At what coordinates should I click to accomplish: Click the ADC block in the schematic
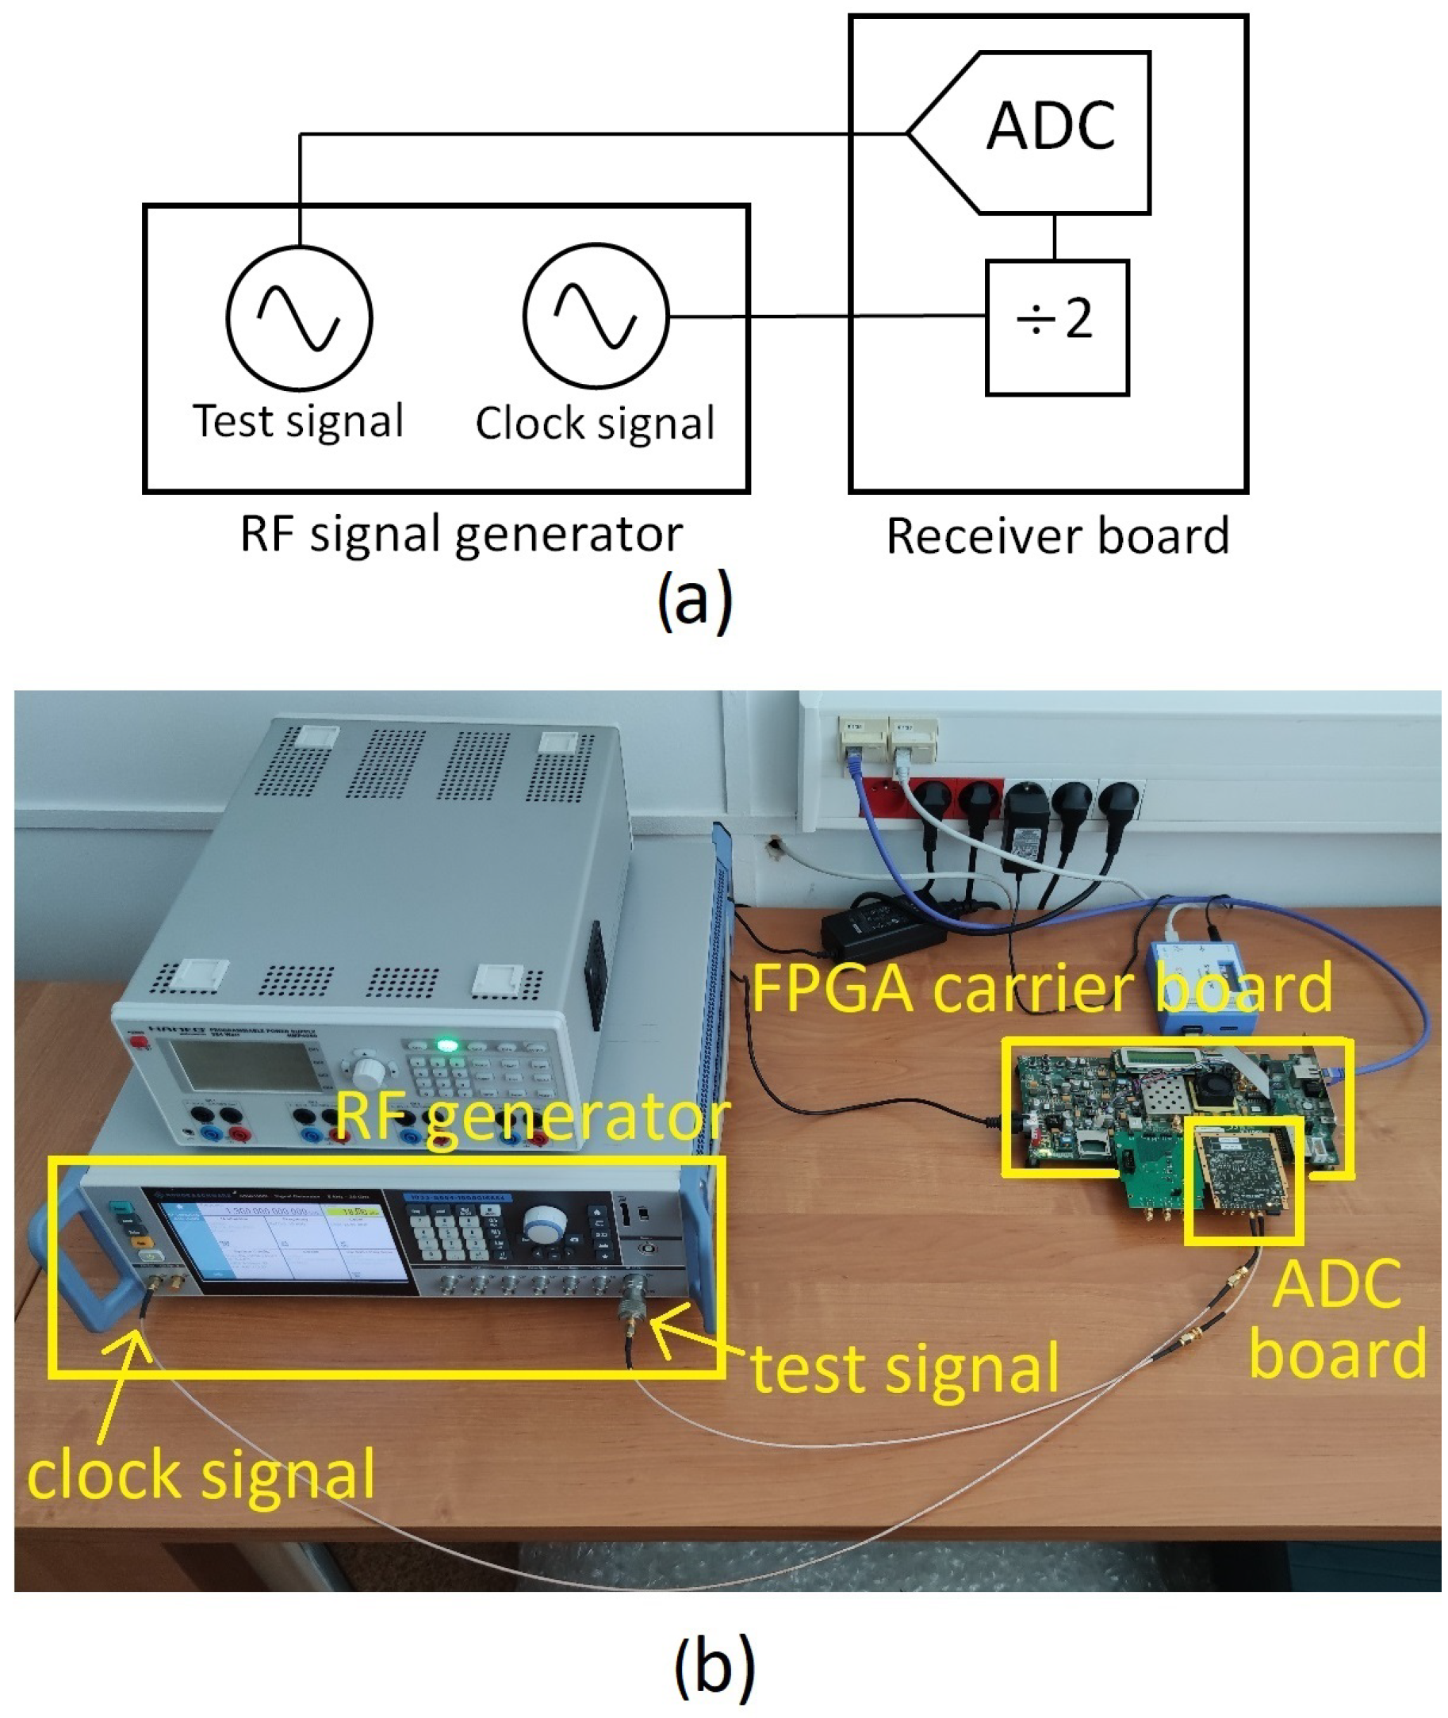[x=1051, y=132]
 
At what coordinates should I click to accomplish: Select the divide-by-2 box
[x=1056, y=328]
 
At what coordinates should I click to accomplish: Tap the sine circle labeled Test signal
[x=299, y=316]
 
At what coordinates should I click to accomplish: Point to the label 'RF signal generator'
[x=461, y=535]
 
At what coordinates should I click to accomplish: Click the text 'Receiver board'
[x=1058, y=537]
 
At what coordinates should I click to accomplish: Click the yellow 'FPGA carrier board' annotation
[x=1041, y=989]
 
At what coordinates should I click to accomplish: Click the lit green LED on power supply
[x=446, y=1045]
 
